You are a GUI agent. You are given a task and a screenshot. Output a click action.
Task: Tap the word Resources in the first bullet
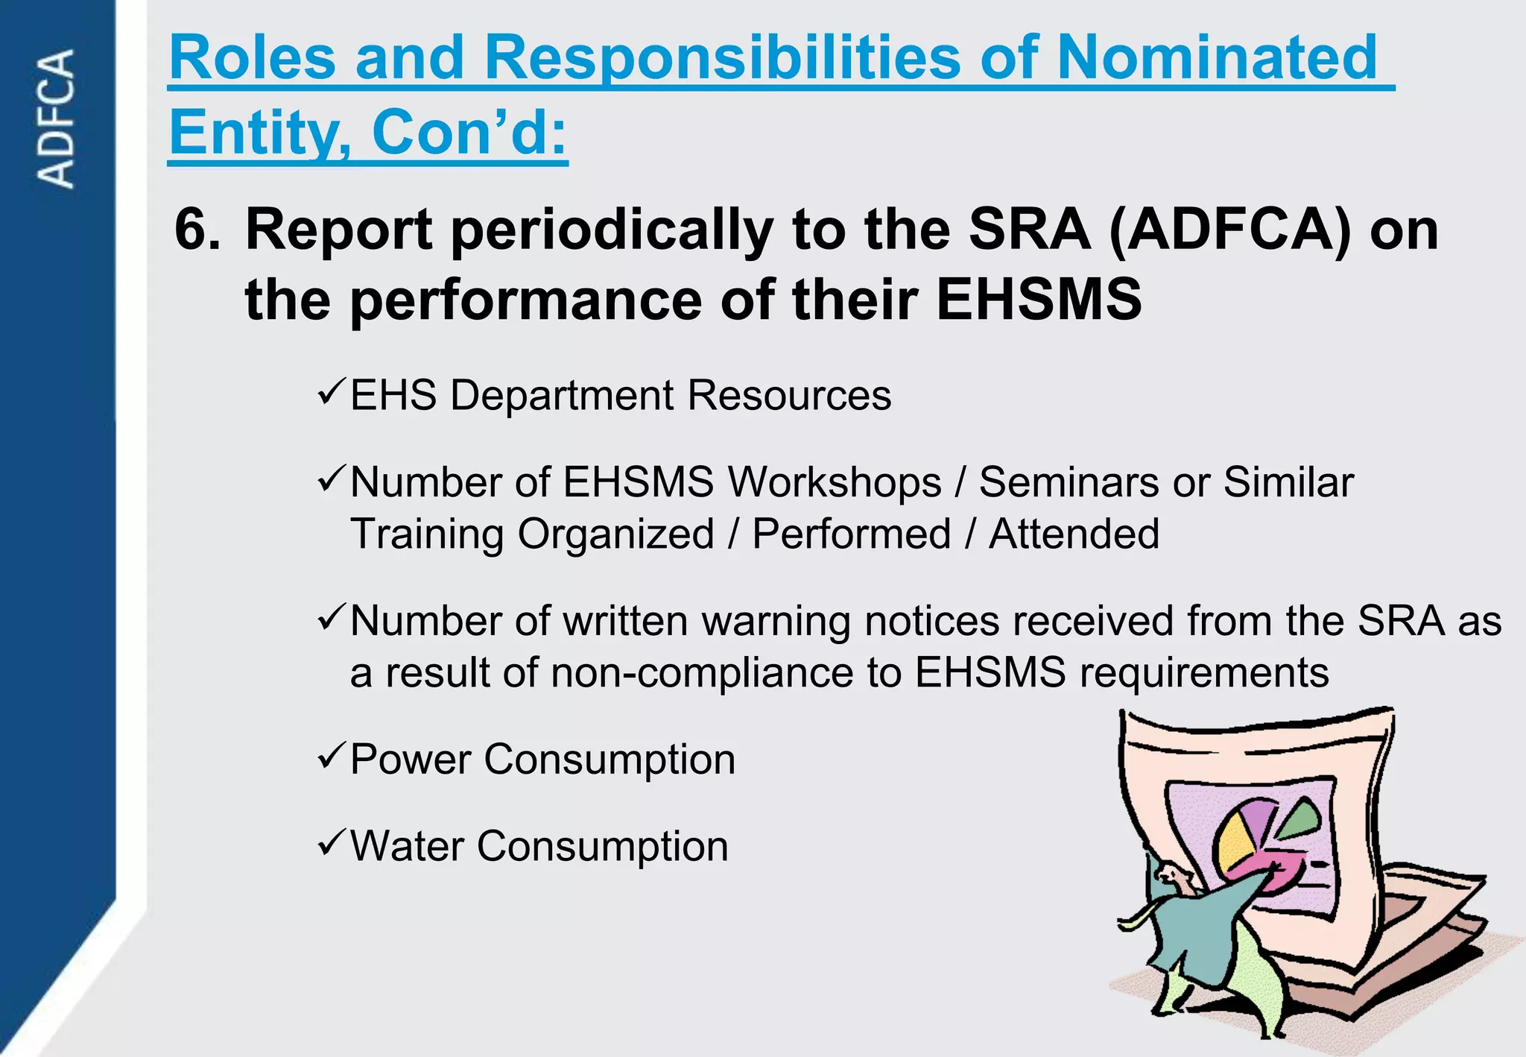click(x=789, y=395)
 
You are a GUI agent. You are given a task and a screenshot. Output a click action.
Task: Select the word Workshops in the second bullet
click(x=835, y=482)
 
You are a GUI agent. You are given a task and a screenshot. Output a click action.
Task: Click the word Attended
click(x=1074, y=534)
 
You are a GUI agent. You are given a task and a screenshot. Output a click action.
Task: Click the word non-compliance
click(x=701, y=673)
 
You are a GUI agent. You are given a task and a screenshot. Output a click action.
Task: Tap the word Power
click(x=411, y=760)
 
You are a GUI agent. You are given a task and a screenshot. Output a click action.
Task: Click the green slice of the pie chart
click(x=1300, y=821)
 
